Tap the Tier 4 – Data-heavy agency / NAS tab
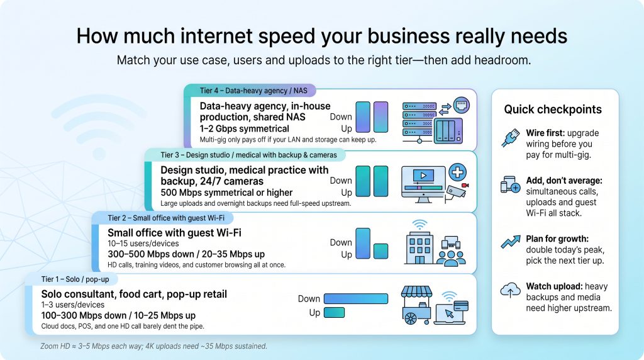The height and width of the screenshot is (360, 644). coord(252,91)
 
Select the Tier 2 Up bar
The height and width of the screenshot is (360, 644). coord(380,251)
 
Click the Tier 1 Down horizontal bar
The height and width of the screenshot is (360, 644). coord(356,298)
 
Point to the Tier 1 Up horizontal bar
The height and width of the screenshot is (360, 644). coord(335,313)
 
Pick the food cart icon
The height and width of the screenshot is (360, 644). coord(416,305)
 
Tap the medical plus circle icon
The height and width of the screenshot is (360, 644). coord(458,172)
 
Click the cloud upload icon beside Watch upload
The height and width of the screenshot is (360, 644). coord(510,290)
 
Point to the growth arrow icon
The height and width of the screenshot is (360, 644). coord(511,242)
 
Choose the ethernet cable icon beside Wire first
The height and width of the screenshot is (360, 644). coord(511,138)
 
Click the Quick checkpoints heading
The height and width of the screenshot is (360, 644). coord(553,110)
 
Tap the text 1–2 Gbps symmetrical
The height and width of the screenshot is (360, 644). coord(245,128)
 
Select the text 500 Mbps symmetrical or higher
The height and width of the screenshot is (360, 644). coord(226,193)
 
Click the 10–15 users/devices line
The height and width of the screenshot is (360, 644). coord(143,244)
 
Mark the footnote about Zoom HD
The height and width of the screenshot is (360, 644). coord(153,346)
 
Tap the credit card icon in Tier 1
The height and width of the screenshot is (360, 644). coord(461,306)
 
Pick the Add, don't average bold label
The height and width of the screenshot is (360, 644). coord(564,181)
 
